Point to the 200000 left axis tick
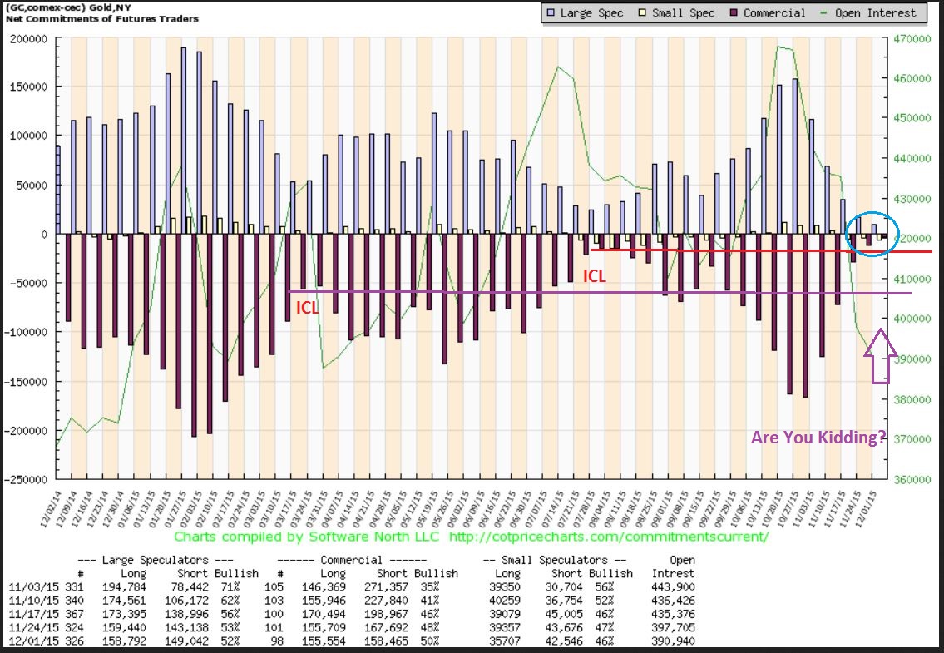pos(27,38)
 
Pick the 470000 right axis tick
pos(912,38)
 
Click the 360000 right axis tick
pos(912,480)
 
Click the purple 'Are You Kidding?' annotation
pos(818,438)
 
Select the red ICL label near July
pos(593,276)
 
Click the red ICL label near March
pos(307,308)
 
